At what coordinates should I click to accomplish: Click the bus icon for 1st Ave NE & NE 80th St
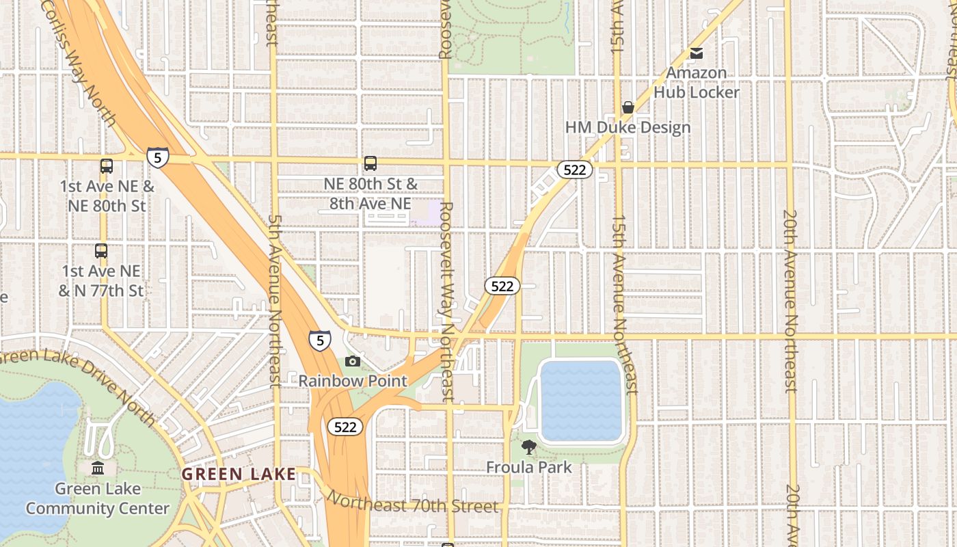click(x=107, y=165)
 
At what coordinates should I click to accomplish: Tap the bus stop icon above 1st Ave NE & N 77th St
click(x=101, y=251)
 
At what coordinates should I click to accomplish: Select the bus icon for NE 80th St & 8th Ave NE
click(x=370, y=163)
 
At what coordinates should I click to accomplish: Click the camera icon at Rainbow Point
click(x=353, y=361)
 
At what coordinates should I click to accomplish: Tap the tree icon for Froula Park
click(x=528, y=448)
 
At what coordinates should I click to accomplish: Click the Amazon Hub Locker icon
click(x=696, y=53)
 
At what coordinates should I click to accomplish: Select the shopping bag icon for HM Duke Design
click(x=628, y=107)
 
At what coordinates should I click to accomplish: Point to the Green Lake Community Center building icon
click(x=98, y=468)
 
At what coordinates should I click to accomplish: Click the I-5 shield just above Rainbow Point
click(x=319, y=340)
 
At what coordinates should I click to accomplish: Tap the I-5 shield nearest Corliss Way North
click(x=157, y=158)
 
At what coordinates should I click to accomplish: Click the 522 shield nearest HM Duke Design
click(x=574, y=170)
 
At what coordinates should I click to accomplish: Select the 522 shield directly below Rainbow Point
click(x=345, y=427)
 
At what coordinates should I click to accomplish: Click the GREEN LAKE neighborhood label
click(x=239, y=474)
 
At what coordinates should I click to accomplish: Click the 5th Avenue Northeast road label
click(x=275, y=301)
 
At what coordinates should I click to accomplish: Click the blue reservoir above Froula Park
click(x=580, y=400)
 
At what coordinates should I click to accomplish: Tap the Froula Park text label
click(x=528, y=468)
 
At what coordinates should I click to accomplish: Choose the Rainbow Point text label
click(x=353, y=381)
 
